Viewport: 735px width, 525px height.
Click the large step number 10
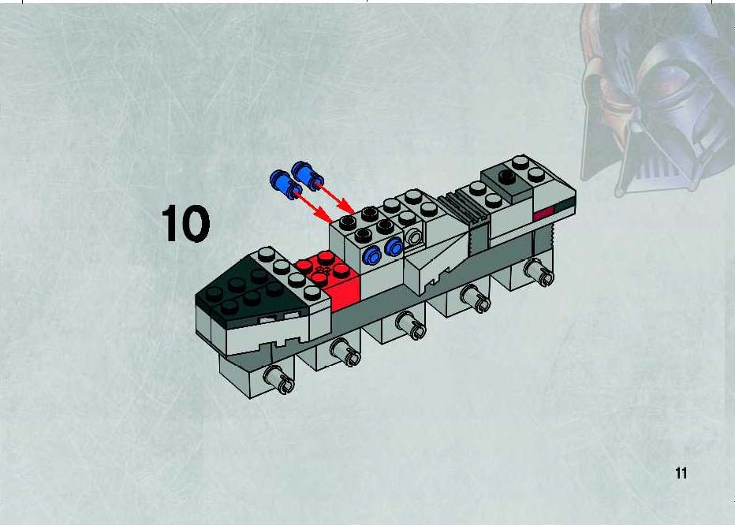185,224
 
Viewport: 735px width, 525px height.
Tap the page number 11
681,473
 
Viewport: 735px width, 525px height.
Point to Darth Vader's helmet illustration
656,99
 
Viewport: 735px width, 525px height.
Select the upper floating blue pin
308,175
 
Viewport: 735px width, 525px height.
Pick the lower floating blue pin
286,184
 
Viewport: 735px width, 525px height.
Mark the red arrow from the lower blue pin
314,207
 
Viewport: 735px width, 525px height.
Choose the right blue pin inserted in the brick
394,247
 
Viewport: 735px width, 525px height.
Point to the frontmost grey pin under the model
279,380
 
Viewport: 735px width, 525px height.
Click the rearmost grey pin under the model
539,272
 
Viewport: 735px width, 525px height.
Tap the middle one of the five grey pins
411,326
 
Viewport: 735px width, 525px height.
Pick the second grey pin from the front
345,352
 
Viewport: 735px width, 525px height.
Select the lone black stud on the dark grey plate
506,177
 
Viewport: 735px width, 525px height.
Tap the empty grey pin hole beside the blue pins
414,237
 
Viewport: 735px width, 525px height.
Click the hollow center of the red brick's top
323,270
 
